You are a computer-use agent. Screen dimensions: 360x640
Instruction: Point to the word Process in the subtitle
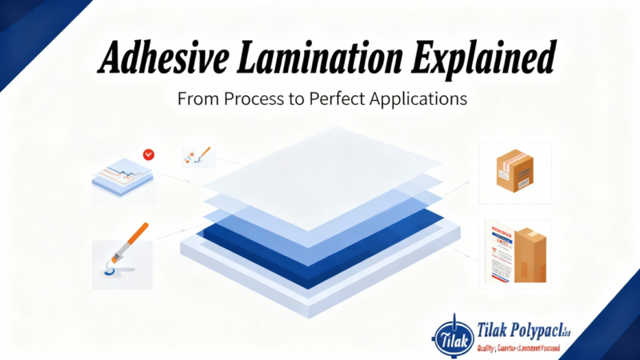(x=269, y=101)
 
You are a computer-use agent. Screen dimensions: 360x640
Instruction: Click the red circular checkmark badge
(x=148, y=154)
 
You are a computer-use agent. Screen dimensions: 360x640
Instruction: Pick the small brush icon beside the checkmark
(x=198, y=155)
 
